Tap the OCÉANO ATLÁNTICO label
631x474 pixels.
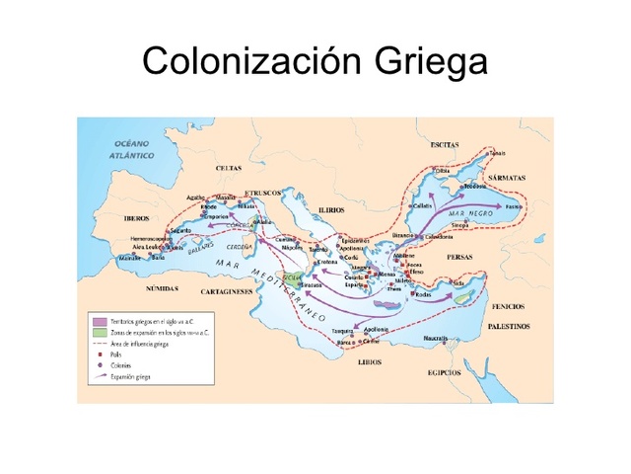point(133,150)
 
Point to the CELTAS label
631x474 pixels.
point(228,168)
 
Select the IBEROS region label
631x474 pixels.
point(136,217)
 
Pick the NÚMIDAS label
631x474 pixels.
point(162,288)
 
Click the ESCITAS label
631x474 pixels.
point(445,145)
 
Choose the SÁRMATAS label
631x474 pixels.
point(506,178)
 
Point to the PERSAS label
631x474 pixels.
point(459,256)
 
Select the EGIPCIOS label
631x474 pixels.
point(444,372)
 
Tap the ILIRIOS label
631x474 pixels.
point(331,210)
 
